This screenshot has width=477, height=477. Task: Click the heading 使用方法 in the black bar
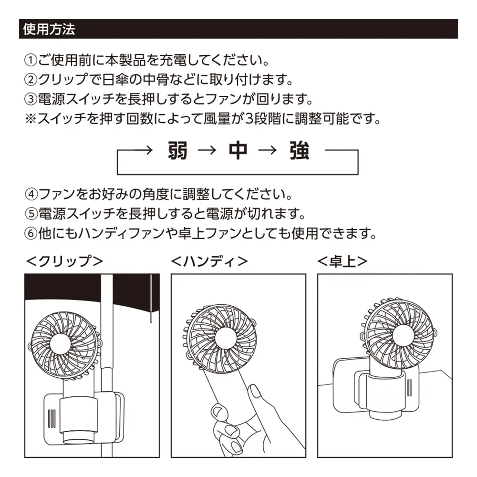(x=49, y=29)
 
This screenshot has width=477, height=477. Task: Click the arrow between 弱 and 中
(x=207, y=151)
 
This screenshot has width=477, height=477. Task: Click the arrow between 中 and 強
(x=268, y=151)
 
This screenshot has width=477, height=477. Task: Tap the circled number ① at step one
(x=31, y=61)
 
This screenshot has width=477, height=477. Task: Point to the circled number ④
(x=31, y=195)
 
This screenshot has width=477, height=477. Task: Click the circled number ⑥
(x=31, y=234)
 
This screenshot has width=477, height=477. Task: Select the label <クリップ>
(x=64, y=261)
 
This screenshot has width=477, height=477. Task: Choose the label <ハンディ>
(x=210, y=261)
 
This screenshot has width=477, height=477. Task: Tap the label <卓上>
(x=342, y=261)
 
